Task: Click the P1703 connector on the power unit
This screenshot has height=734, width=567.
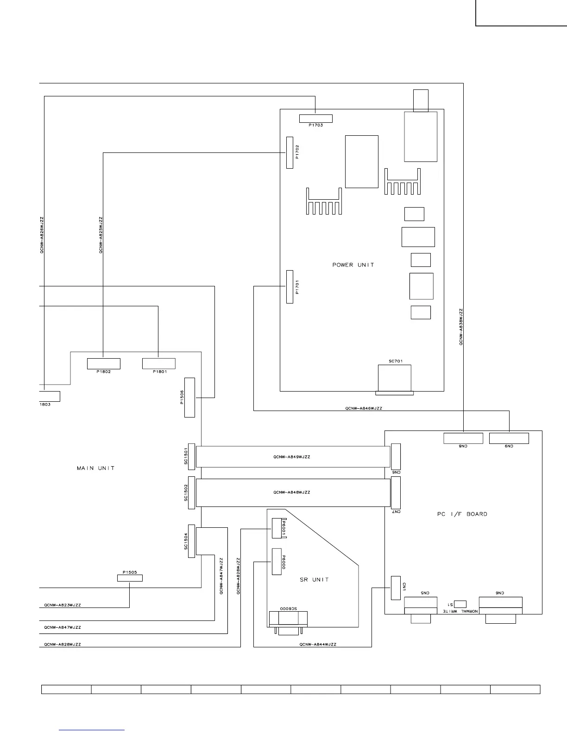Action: (x=315, y=118)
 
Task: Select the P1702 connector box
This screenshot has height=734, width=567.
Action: (x=290, y=152)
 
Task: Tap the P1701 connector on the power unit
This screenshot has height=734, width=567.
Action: (x=290, y=287)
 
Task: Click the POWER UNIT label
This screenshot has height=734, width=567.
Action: (x=353, y=265)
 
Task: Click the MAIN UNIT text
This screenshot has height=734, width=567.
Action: (x=95, y=468)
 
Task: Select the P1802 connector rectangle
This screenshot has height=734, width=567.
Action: (x=104, y=364)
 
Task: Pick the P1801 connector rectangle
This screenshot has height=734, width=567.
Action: (x=158, y=364)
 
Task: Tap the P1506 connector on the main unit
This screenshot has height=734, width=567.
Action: (x=189, y=398)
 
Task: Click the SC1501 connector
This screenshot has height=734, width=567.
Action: (x=191, y=456)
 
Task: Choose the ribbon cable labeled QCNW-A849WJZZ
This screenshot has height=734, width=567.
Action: (x=293, y=457)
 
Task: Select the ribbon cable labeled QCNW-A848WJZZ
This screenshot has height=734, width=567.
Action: (x=293, y=493)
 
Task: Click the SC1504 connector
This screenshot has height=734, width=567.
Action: (x=191, y=542)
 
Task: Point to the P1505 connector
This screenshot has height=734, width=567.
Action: (x=129, y=578)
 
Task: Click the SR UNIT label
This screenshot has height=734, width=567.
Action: (x=314, y=580)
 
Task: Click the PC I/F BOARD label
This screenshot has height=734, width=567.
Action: (x=462, y=514)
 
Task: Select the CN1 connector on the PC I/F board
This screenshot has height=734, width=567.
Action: (x=396, y=588)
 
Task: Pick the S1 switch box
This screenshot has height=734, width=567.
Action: (x=460, y=604)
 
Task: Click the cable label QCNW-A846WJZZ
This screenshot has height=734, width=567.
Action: (x=364, y=409)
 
